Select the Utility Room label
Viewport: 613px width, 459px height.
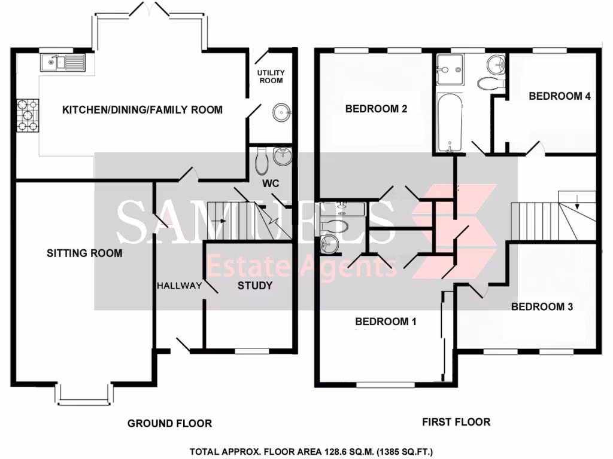click(x=271, y=76)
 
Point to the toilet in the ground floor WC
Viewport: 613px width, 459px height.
click(x=262, y=161)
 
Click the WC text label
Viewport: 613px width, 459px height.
click(x=272, y=183)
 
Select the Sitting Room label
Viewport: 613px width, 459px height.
click(x=84, y=253)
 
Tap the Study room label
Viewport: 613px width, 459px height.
click(x=255, y=286)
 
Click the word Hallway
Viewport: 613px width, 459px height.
click(x=180, y=286)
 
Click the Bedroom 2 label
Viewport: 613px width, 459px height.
click(x=376, y=109)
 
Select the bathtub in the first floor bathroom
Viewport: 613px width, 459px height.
click(x=447, y=123)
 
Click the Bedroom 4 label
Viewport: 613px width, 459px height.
click(x=555, y=96)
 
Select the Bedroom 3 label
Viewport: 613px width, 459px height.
click(x=542, y=307)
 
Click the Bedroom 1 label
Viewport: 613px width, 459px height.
click(x=386, y=322)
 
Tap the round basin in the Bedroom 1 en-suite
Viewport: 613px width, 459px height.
click(x=327, y=243)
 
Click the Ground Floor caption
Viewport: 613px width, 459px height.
click(x=169, y=424)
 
